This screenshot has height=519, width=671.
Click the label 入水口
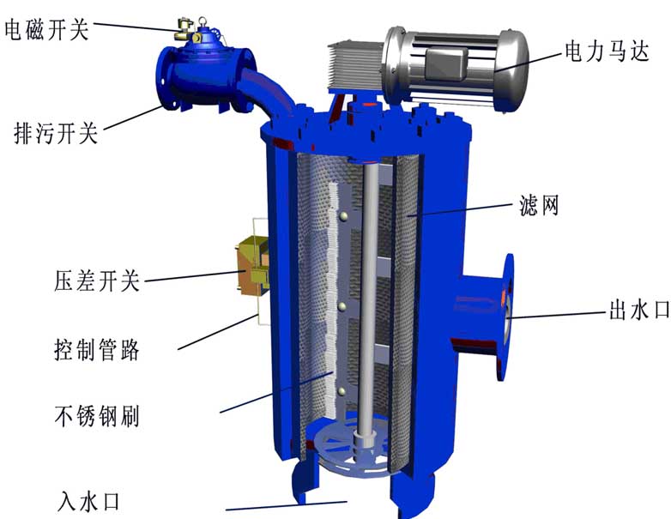[93, 498]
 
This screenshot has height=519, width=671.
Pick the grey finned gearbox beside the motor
[352, 64]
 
